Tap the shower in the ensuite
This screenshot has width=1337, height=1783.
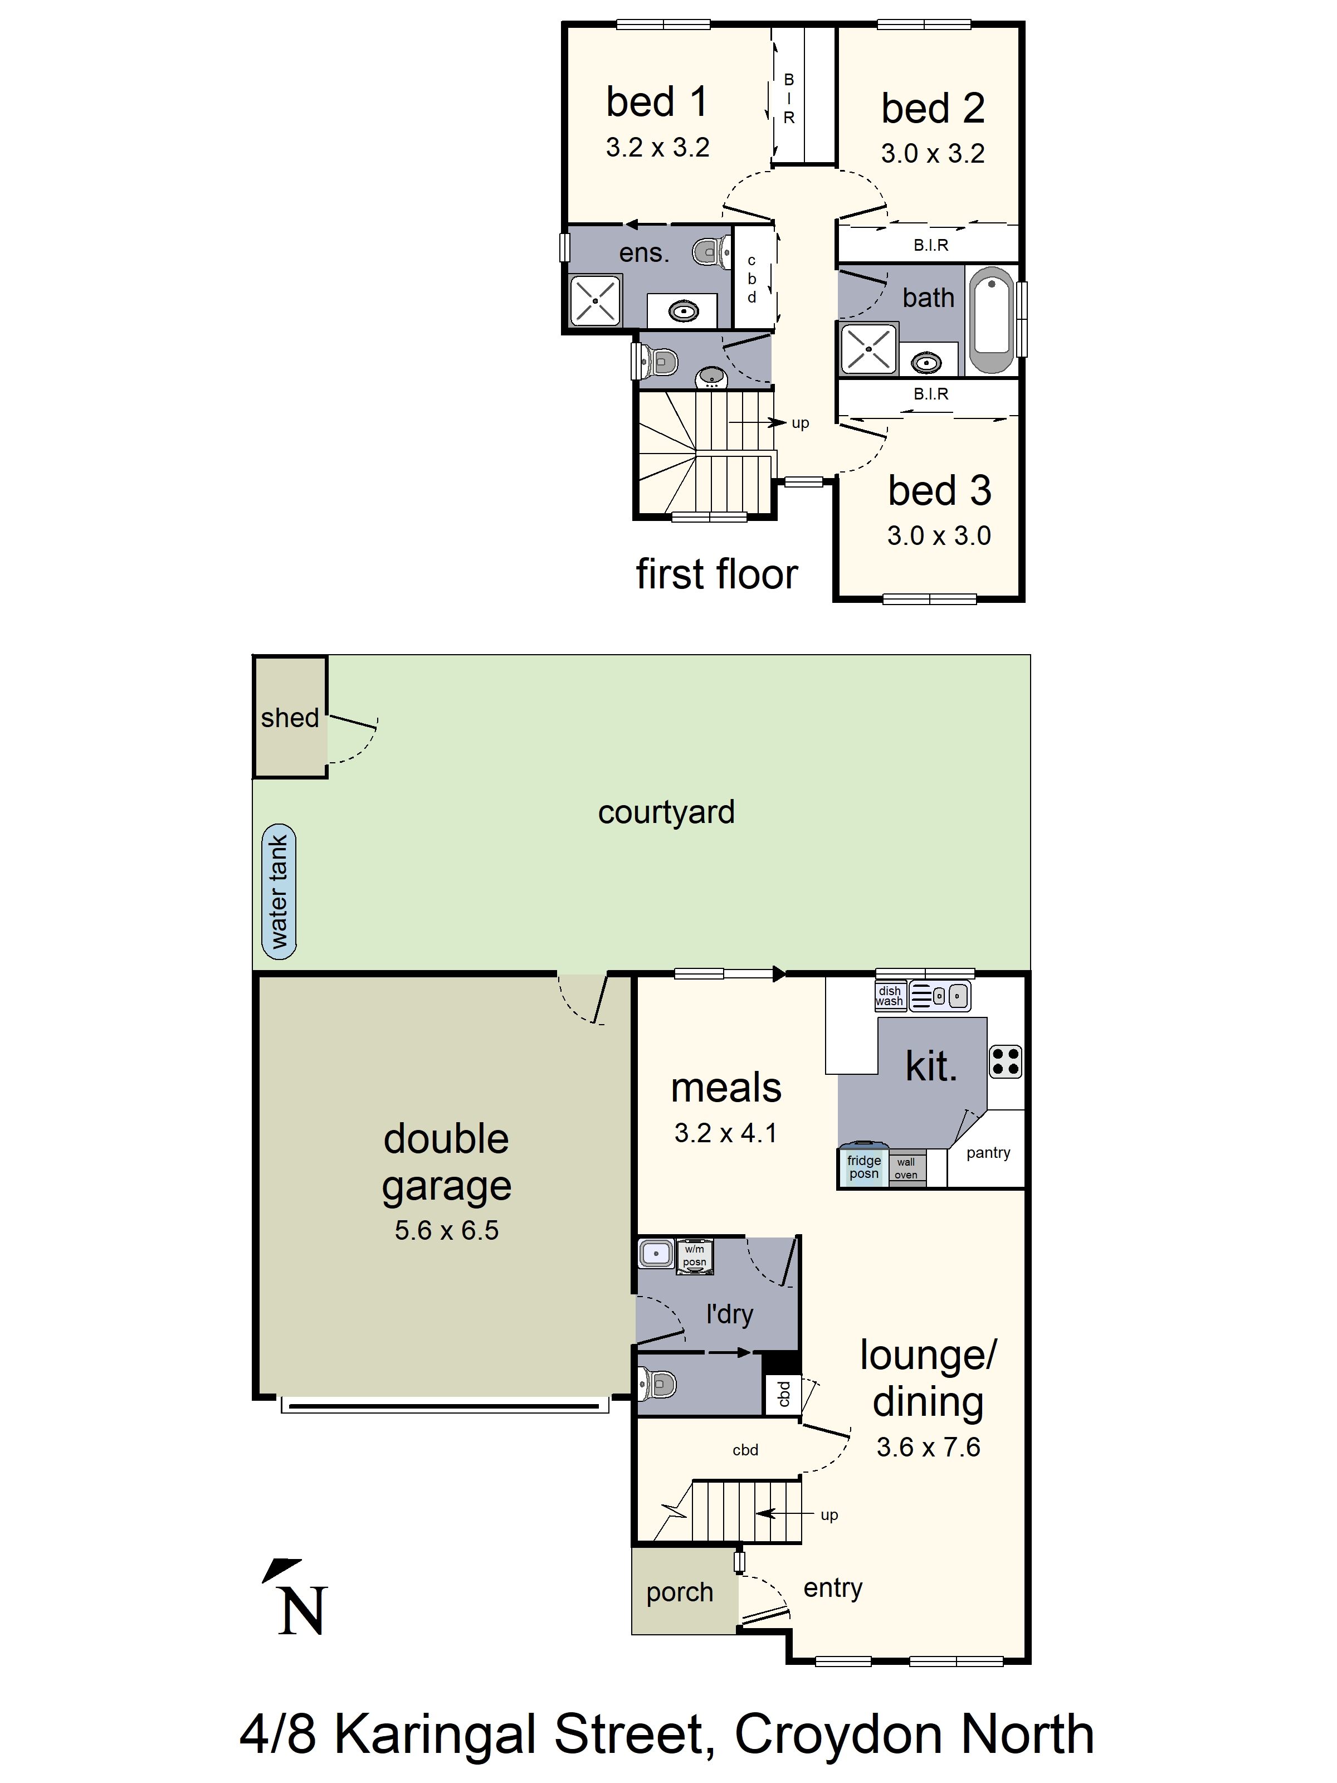point(595,301)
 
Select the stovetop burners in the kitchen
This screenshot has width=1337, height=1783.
point(1005,1061)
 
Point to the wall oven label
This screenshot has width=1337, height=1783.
point(906,1167)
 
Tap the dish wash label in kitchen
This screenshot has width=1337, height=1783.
point(890,996)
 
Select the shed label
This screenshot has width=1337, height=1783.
point(289,718)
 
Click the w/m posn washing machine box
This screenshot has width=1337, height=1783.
point(694,1255)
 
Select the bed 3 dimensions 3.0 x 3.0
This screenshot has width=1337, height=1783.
point(939,535)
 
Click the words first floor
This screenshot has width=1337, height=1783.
point(716,574)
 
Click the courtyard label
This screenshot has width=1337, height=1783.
point(666,812)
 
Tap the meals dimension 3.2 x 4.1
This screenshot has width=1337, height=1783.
point(725,1133)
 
